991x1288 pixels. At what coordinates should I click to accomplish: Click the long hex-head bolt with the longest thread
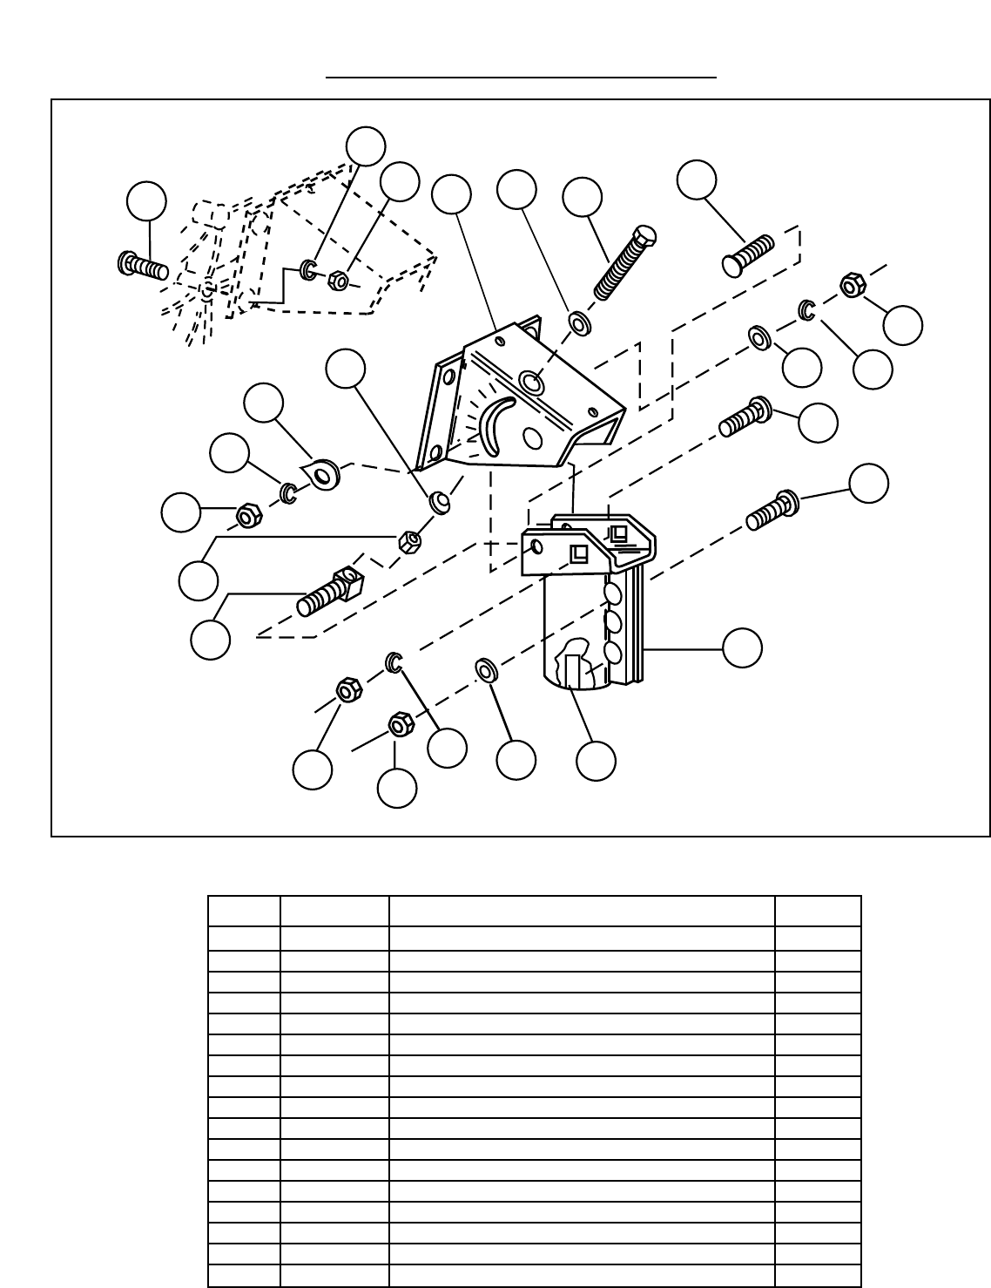coord(624,262)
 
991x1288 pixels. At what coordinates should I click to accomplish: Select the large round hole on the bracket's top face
coord(531,382)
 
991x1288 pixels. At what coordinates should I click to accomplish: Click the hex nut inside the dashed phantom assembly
coord(339,281)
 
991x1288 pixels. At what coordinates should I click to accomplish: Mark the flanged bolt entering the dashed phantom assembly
coord(142,264)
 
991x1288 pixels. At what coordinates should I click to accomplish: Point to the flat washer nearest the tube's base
coord(485,670)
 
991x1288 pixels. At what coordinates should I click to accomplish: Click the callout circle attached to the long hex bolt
coord(582,198)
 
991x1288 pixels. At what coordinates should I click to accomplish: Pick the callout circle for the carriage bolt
coord(697,180)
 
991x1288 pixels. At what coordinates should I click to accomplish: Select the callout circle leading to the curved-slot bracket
coord(452,195)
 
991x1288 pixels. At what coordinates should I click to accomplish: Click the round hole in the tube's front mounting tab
coord(536,546)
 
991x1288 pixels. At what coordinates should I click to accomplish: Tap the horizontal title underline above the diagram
coord(521,78)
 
